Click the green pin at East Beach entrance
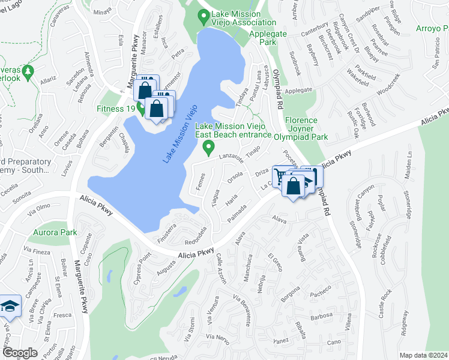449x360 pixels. click(x=209, y=146)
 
